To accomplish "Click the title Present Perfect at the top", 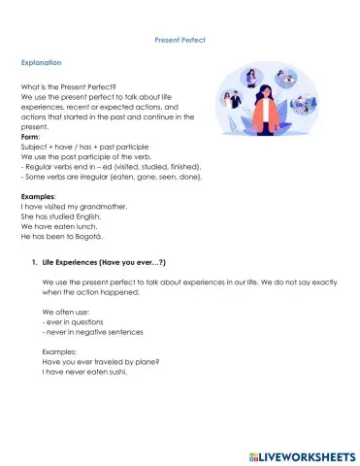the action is coord(180,40).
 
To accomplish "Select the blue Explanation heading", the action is coord(41,62).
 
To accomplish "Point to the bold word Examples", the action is coord(37,196).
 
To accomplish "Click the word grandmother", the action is coord(104,207).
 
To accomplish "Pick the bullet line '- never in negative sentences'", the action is coord(92,331).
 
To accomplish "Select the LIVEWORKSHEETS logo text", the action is coord(302,454).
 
